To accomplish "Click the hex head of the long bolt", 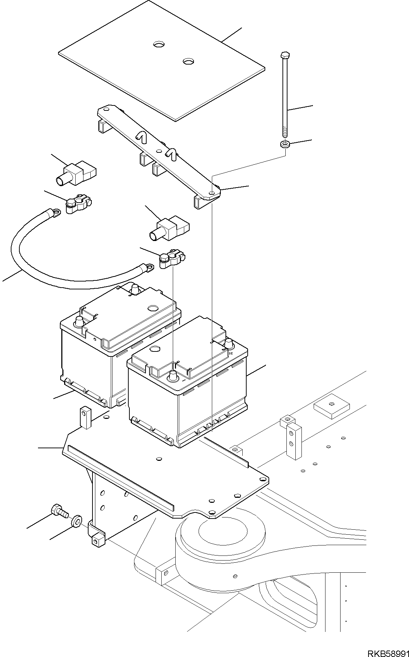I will [285, 55].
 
